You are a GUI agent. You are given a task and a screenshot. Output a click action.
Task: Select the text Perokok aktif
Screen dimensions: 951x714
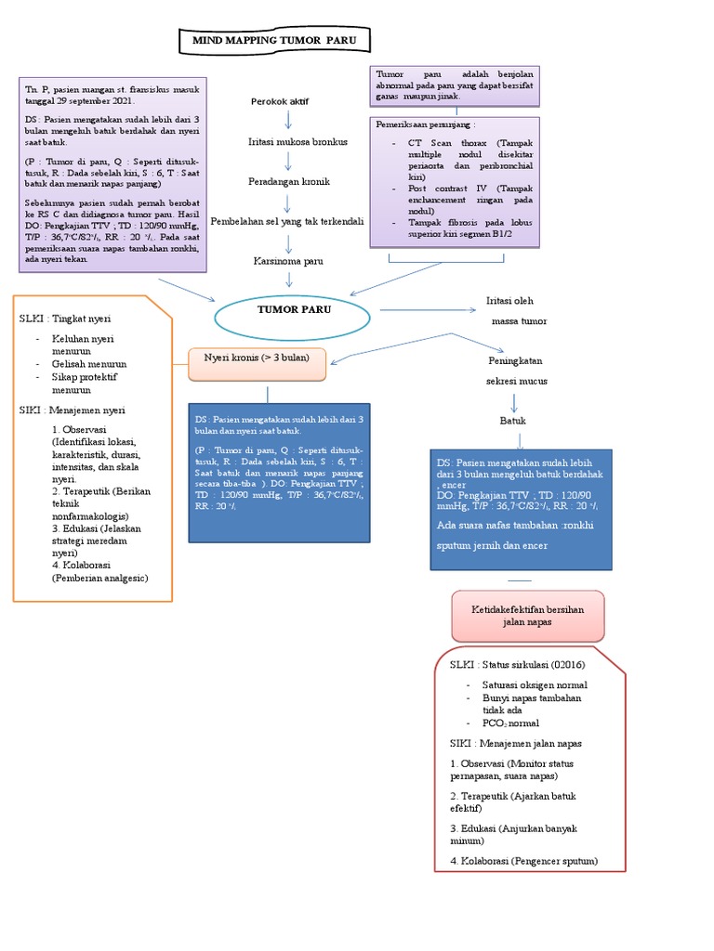coord(280,100)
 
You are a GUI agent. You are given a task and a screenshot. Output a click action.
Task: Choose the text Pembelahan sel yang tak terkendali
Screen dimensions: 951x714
coord(287,221)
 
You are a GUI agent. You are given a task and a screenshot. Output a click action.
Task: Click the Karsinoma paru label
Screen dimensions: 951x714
coord(288,261)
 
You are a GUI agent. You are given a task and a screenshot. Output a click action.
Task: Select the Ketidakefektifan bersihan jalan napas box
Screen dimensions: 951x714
coord(528,615)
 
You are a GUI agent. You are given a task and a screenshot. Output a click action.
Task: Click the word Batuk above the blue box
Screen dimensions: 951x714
coord(513,421)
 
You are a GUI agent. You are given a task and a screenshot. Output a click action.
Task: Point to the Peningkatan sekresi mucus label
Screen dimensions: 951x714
coord(516,371)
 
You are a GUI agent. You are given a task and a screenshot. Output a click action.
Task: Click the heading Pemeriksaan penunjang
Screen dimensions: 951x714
coord(425,124)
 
